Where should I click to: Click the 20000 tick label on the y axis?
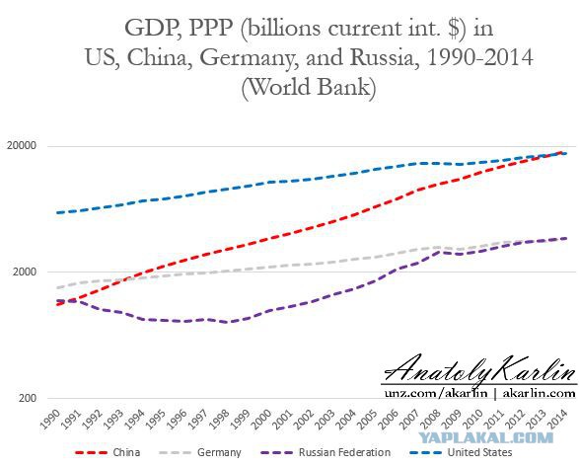(x=22, y=146)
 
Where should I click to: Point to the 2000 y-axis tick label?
(x=25, y=272)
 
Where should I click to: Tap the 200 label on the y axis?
(x=28, y=398)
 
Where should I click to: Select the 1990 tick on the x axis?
(x=49, y=420)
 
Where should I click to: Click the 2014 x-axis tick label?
(x=557, y=420)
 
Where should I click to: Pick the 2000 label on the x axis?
(x=261, y=420)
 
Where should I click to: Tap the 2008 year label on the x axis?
(x=430, y=420)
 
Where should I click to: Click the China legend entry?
(x=108, y=452)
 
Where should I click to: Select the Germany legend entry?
(x=200, y=452)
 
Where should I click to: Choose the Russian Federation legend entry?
(x=326, y=452)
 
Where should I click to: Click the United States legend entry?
(x=461, y=452)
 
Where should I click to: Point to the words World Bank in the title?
(x=309, y=87)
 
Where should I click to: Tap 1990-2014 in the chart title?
(x=479, y=57)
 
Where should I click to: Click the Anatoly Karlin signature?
(x=479, y=369)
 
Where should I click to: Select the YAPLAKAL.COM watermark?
(x=485, y=438)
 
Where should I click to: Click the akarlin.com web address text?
(x=540, y=393)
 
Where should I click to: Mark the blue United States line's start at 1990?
(x=57, y=212)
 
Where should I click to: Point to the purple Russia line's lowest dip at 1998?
(x=229, y=322)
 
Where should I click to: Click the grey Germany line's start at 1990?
(x=57, y=287)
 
